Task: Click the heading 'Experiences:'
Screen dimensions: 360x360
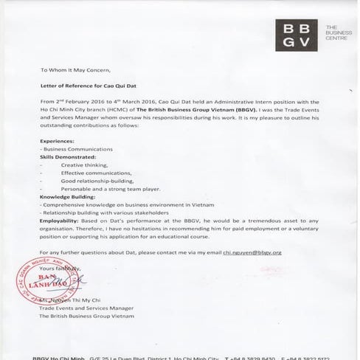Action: tap(60, 141)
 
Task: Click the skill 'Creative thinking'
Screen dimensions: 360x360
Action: tap(84, 165)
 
